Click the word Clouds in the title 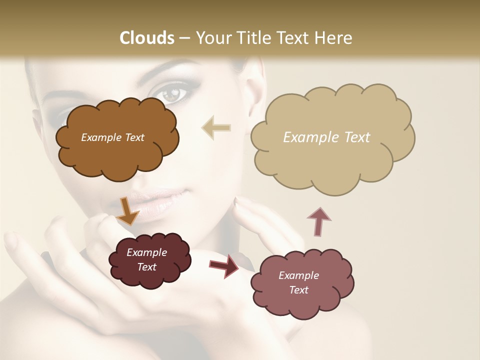tap(146, 38)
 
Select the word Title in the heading tap(252, 38)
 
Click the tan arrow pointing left tap(216, 128)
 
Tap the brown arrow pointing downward tap(127, 210)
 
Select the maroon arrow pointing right tap(224, 265)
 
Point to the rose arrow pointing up tap(319, 220)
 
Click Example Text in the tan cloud tap(326, 137)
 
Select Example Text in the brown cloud tap(112, 137)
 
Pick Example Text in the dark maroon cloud tap(146, 259)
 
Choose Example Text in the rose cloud tap(298, 282)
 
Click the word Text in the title tap(294, 38)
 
